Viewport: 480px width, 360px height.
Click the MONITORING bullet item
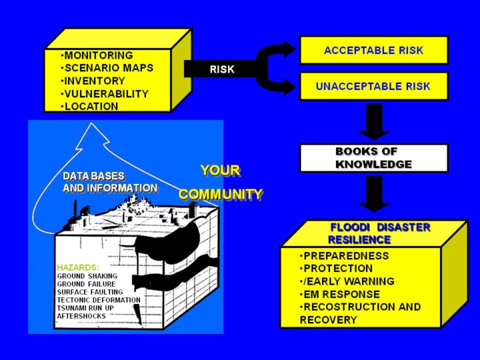point(97,55)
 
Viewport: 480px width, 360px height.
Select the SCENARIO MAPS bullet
point(107,68)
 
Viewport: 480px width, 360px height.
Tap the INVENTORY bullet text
point(93,81)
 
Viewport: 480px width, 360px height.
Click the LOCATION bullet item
point(90,106)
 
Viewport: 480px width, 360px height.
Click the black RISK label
point(222,69)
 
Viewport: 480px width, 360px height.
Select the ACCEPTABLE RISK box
point(373,50)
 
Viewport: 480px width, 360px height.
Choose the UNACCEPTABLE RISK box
point(373,86)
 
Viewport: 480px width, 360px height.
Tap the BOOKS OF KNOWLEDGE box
point(373,158)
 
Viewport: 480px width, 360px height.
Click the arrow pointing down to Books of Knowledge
point(374,121)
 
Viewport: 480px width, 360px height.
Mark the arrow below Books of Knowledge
point(374,193)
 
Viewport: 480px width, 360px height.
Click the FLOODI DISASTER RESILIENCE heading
point(379,233)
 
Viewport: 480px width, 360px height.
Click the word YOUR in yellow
point(220,171)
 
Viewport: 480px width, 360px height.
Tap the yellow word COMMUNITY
point(221,195)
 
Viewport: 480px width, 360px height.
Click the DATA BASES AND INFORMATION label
point(110,182)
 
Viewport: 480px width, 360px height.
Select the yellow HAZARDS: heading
point(77,267)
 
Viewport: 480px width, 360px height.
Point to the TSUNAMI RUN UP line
point(86,308)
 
